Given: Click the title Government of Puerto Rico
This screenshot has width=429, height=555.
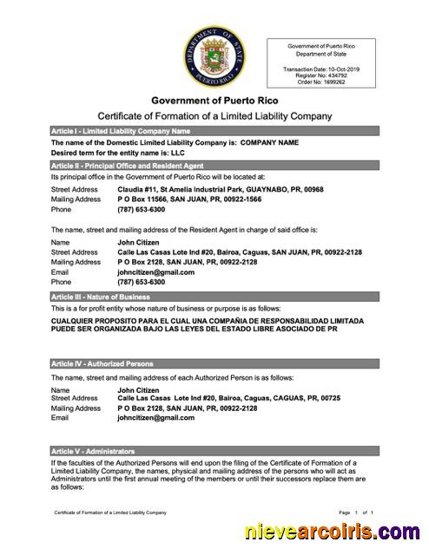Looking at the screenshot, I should (x=214, y=101).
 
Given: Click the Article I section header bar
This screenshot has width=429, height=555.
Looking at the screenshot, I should (x=214, y=130).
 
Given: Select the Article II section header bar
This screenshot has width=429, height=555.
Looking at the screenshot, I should (x=214, y=164).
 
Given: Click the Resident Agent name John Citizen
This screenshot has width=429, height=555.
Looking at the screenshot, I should (x=138, y=242).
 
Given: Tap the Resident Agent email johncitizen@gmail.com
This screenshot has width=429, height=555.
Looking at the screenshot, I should (x=155, y=271).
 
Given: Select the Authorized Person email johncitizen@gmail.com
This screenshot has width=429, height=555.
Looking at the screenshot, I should (x=155, y=417).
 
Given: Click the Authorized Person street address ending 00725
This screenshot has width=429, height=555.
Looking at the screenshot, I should (x=228, y=398).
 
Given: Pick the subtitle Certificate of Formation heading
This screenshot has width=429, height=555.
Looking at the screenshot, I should (x=214, y=116).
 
